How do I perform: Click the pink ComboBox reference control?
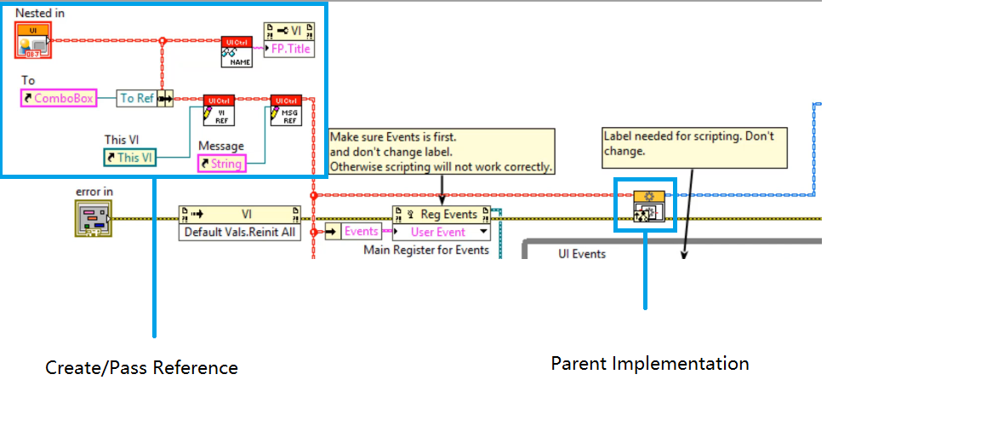57,98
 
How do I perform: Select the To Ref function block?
137,98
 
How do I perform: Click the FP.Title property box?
289,49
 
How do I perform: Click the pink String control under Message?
222,163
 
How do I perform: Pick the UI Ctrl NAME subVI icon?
237,50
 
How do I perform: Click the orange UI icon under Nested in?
33,40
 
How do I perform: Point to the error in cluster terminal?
93,218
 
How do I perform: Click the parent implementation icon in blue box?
644,206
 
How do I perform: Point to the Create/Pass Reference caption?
141,368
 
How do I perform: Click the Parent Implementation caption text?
650,364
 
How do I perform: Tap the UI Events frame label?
582,253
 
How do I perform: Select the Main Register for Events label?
426,250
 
